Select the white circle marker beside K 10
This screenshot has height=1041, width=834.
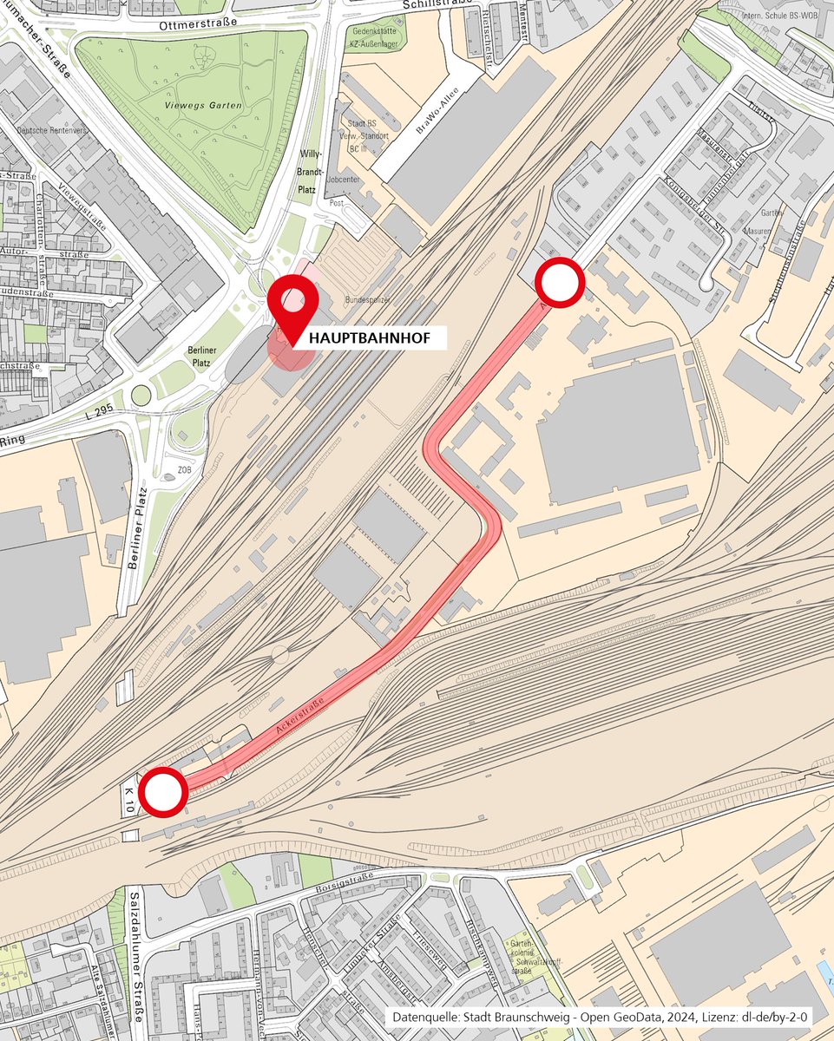point(162,791)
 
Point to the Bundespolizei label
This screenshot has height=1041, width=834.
point(369,298)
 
